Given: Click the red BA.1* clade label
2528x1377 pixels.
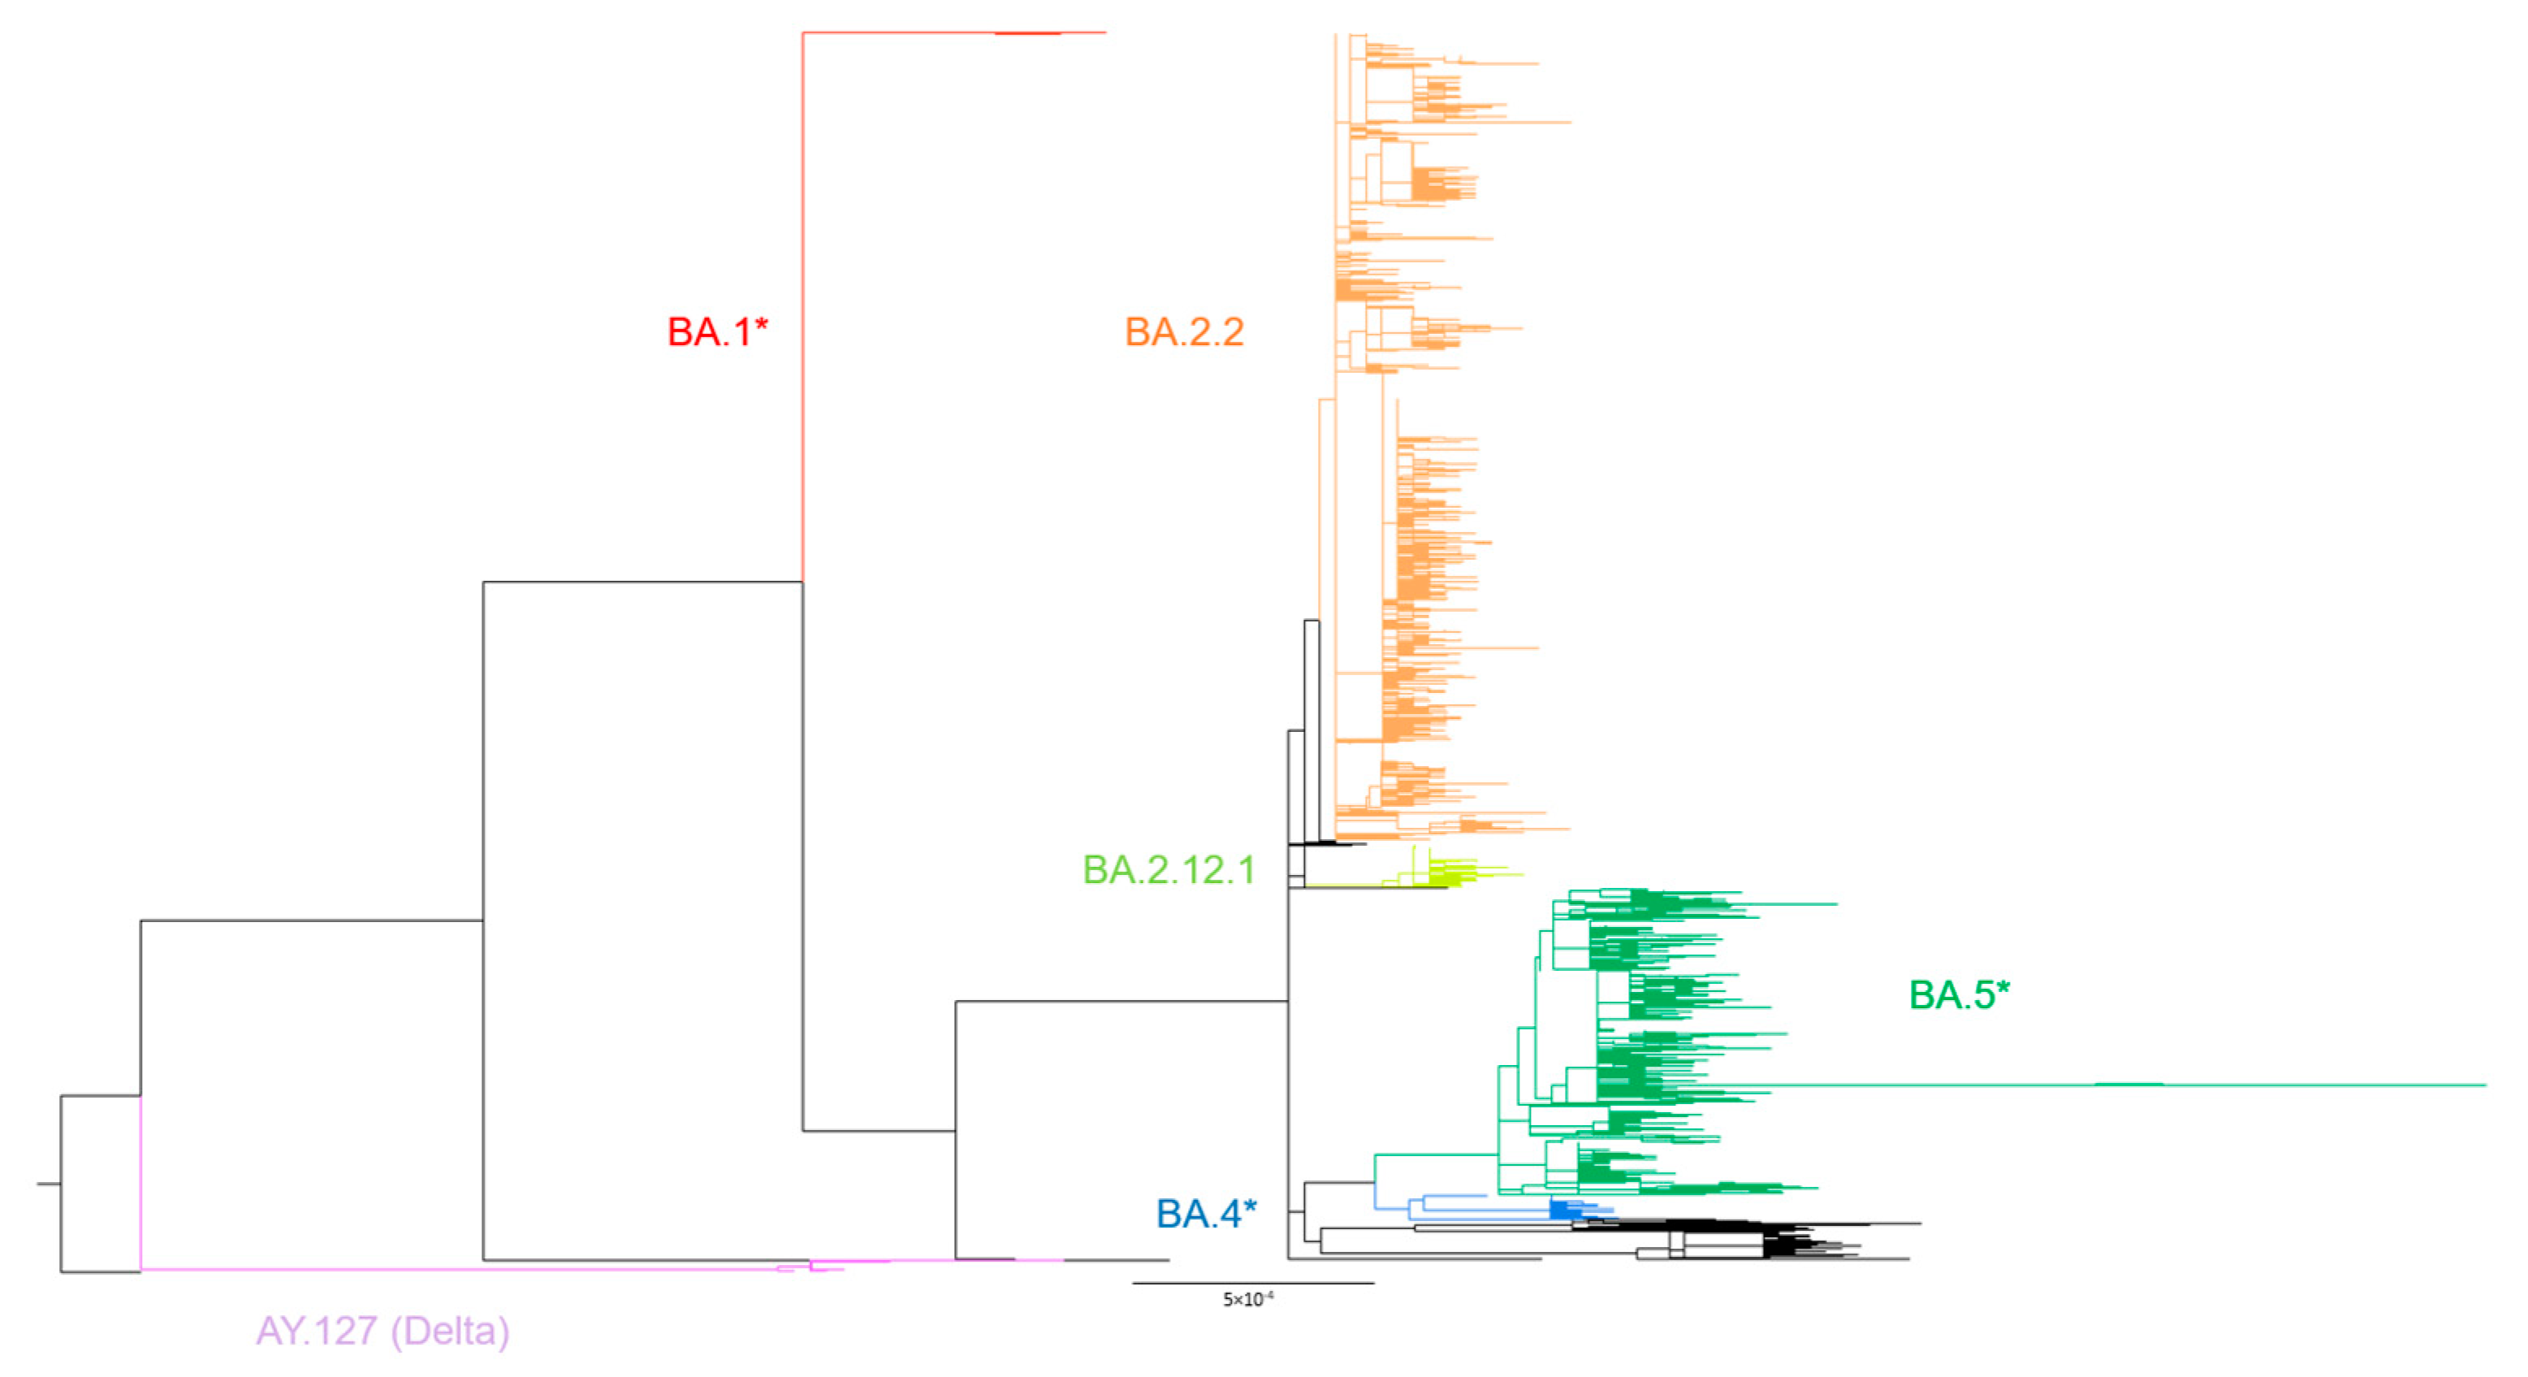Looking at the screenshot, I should click(x=716, y=331).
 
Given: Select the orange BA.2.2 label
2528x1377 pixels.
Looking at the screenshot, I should click(x=1183, y=331).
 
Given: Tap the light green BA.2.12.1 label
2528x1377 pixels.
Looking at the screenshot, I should click(x=1168, y=869).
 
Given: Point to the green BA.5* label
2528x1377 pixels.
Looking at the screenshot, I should click(x=1958, y=995).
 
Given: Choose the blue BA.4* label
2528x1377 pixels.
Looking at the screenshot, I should click(x=1205, y=1214).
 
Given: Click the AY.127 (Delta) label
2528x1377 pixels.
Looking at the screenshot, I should click(x=382, y=1331).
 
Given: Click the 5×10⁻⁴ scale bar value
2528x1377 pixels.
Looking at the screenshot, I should click(x=1247, y=1300).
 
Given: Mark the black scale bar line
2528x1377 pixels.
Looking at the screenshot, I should click(x=1252, y=1283).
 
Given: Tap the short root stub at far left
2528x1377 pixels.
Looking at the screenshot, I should click(x=48, y=1184).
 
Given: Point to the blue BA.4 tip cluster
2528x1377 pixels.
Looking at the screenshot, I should click(x=1562, y=1209).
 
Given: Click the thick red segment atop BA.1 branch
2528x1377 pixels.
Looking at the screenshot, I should click(x=1026, y=33).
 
